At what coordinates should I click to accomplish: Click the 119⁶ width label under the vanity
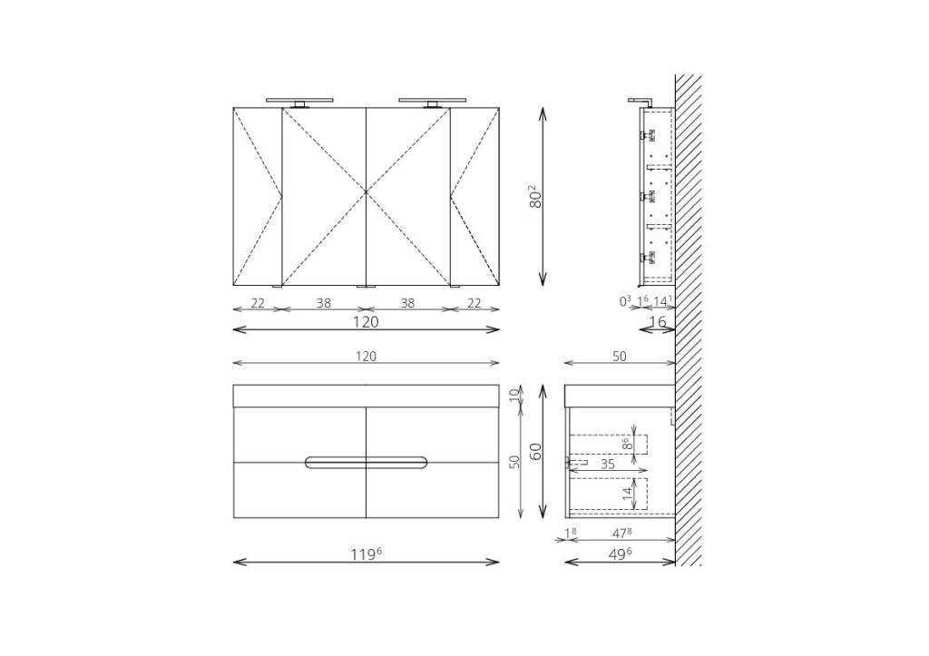(367, 553)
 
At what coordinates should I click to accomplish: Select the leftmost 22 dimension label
(258, 303)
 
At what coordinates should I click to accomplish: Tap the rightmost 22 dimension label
(474, 303)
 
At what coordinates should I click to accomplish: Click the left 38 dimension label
(324, 303)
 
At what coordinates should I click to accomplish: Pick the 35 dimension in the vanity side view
(608, 464)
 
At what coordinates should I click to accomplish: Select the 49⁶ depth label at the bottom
(619, 553)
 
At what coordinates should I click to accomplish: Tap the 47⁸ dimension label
(621, 534)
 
